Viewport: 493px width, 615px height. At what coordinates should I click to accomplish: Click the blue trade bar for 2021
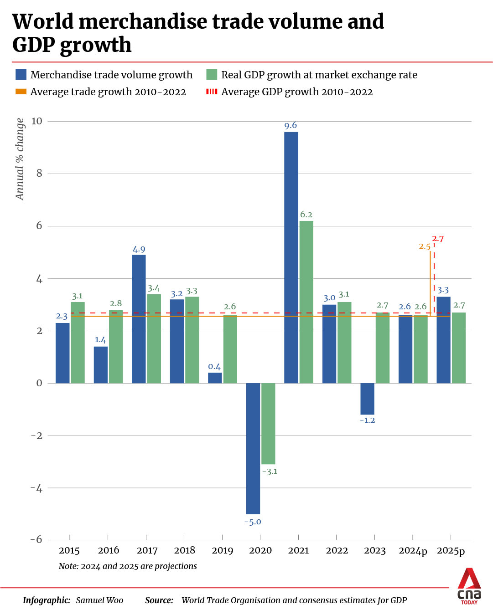tap(291, 257)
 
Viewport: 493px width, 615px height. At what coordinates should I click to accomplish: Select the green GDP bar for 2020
tap(268, 424)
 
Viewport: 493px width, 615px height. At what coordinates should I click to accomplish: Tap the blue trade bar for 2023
tap(367, 399)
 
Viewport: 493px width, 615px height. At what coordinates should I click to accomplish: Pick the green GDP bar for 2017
tap(154, 338)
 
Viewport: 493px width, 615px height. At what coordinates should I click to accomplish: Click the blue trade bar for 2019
tap(215, 378)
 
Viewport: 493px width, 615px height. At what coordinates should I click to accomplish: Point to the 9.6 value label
tap(291, 125)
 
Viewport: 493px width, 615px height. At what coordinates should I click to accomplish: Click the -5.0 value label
tap(253, 522)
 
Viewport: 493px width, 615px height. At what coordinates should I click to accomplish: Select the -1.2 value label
tap(367, 420)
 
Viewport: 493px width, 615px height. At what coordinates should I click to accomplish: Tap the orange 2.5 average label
tap(425, 246)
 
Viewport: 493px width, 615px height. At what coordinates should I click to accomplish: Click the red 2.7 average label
tap(438, 239)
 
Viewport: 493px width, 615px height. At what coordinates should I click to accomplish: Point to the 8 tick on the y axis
tap(39, 173)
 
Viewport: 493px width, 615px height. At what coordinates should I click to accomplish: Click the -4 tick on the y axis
tap(36, 488)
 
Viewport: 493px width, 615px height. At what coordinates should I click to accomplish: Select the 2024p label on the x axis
tap(413, 551)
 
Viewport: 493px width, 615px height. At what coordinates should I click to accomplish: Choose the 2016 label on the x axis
tap(109, 550)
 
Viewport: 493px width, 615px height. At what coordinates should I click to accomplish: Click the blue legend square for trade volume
tap(21, 75)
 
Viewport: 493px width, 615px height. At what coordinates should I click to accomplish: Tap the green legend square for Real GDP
tap(212, 75)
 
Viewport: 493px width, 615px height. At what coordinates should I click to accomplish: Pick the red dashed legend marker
tap(212, 92)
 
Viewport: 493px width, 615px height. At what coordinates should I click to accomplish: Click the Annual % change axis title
tap(20, 159)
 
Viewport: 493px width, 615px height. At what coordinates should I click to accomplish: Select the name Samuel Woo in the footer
tap(99, 600)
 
